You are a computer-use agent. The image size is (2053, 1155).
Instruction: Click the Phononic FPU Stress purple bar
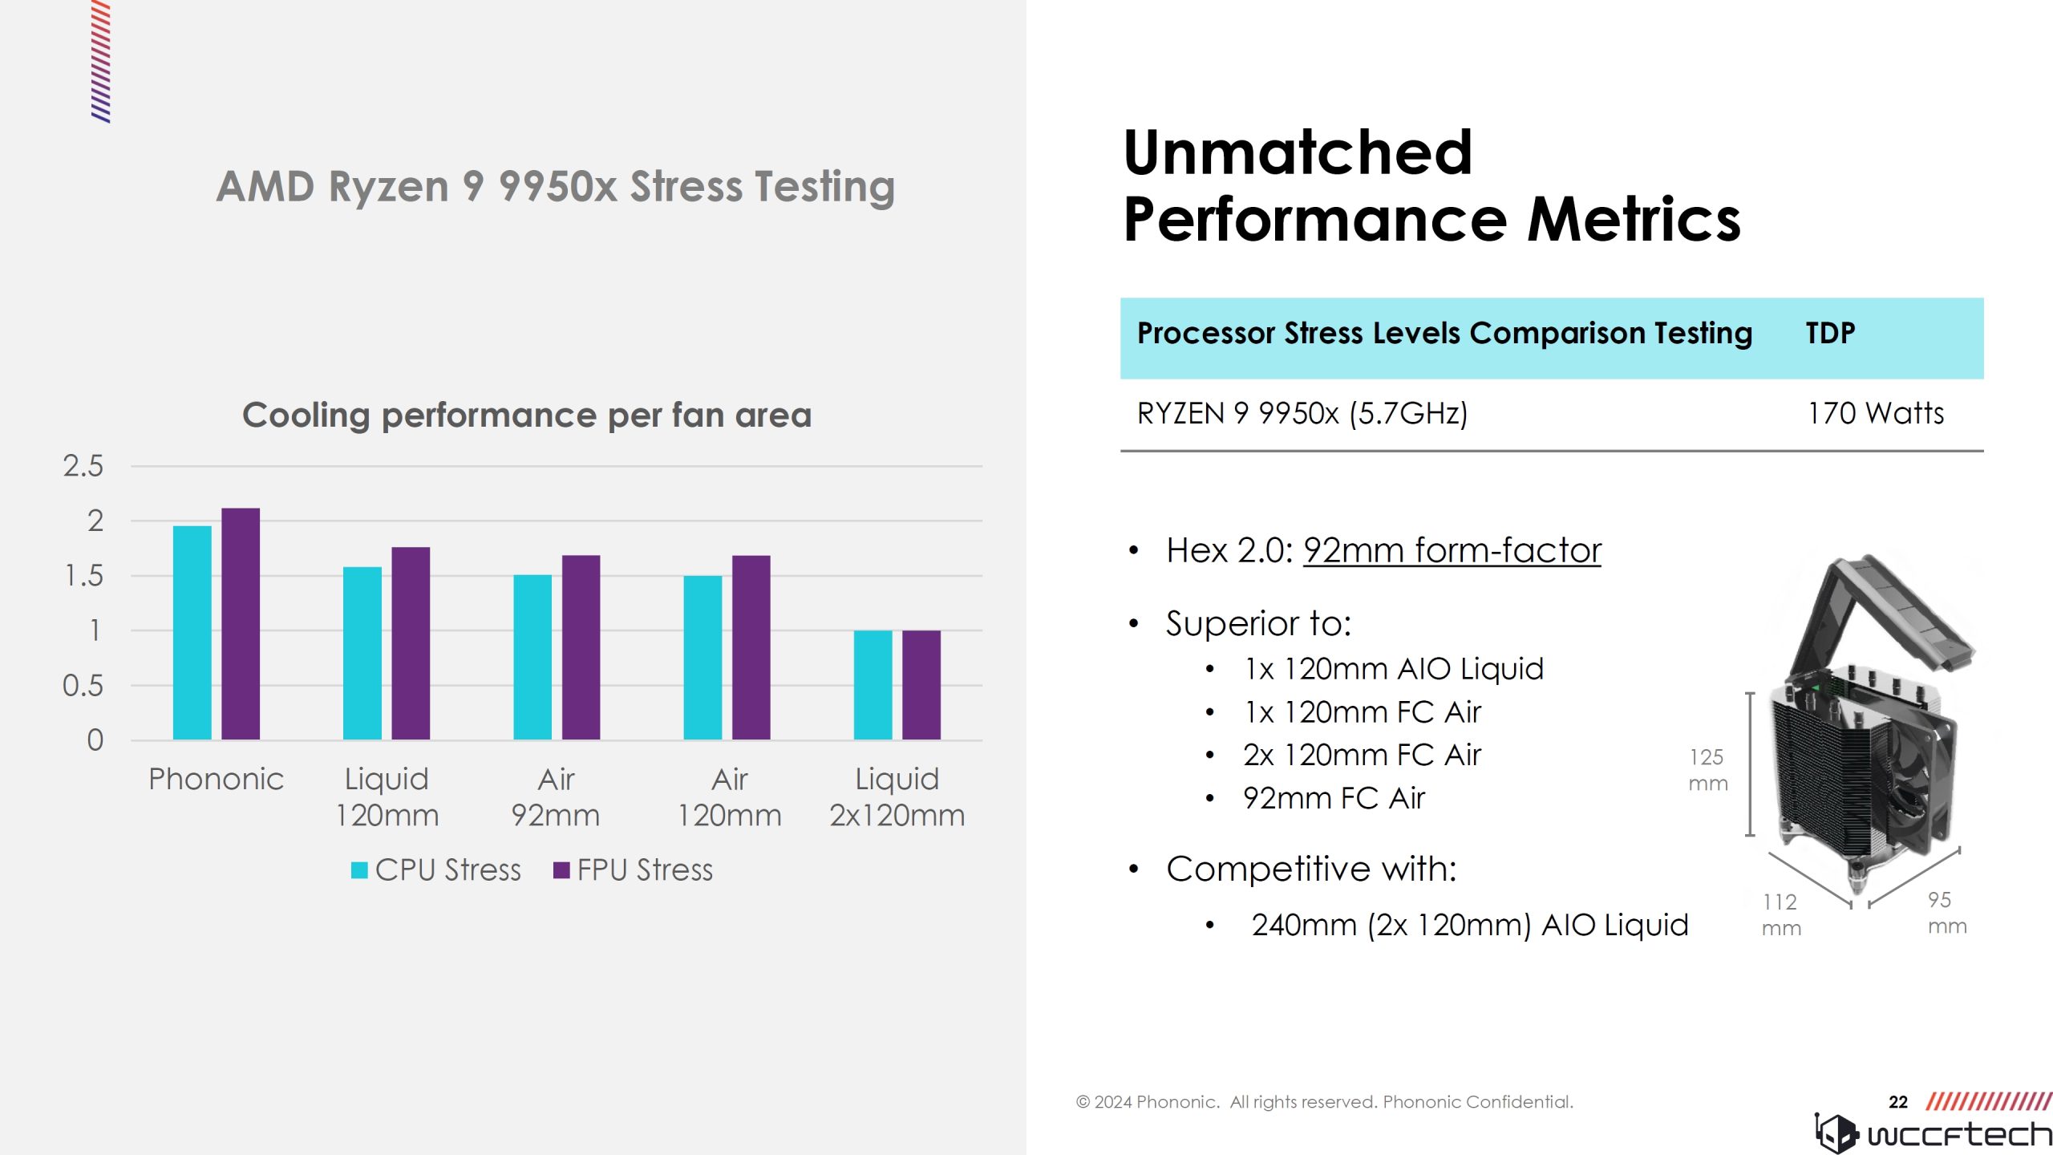(241, 623)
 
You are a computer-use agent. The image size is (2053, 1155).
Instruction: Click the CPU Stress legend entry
(436, 869)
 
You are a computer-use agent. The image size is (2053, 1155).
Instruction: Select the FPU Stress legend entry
(634, 869)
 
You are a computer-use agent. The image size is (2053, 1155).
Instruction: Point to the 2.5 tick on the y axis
(83, 466)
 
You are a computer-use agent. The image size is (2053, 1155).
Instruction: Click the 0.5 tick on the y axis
(83, 686)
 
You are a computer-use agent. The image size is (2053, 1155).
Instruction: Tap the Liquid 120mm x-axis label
(387, 796)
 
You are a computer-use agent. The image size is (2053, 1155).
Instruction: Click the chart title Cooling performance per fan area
(527, 415)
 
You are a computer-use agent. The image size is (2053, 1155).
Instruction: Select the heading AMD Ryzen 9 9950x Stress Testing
(555, 186)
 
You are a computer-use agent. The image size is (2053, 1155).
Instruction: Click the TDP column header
(1830, 333)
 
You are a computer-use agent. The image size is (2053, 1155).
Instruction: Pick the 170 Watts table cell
(1875, 413)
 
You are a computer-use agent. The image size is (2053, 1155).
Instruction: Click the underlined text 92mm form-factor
(1452, 550)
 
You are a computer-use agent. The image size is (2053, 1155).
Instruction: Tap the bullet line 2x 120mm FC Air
(1362, 755)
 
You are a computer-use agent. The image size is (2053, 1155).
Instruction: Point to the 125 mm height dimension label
(1707, 770)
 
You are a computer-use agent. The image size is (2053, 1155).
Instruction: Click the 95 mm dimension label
(1946, 913)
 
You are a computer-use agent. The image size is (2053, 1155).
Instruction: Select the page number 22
(1897, 1102)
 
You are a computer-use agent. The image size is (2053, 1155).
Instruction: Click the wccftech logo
(1933, 1133)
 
